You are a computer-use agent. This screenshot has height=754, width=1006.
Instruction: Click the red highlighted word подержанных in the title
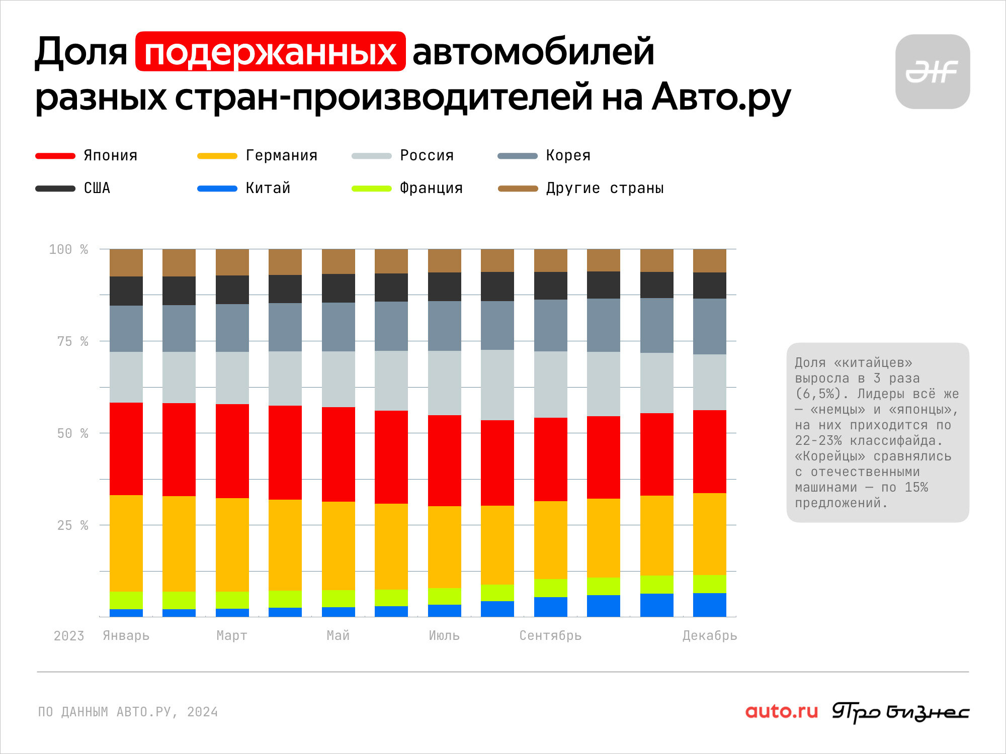(271, 51)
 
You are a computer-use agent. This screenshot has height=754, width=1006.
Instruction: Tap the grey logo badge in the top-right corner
(933, 71)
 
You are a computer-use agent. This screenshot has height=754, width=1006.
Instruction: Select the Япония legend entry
(86, 155)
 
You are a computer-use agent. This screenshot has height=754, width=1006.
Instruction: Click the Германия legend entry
(257, 155)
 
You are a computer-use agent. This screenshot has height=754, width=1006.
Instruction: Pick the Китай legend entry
(243, 188)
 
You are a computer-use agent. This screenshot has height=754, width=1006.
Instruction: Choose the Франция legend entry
(407, 188)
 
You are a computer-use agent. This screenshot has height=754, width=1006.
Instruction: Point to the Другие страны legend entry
(580, 188)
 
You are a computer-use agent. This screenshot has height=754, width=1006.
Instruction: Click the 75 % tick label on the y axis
(72, 341)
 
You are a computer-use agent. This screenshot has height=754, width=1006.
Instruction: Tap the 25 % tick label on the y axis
(72, 525)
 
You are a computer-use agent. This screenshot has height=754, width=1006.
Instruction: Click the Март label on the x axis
(232, 635)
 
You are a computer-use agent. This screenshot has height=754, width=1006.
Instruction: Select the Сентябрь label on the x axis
(550, 635)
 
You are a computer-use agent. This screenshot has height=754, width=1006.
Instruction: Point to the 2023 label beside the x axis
(69, 636)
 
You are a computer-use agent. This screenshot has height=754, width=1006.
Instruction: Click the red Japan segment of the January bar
(126, 449)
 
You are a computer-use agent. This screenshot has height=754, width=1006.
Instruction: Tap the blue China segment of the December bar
(710, 605)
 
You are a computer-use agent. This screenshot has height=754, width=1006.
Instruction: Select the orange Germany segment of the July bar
(445, 547)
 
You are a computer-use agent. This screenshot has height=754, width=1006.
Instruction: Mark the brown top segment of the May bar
(339, 261)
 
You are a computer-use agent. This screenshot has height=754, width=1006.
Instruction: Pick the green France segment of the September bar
(551, 588)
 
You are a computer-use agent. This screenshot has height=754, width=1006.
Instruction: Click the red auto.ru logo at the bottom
(782, 711)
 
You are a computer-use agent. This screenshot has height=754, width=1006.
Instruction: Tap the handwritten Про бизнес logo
(900, 712)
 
